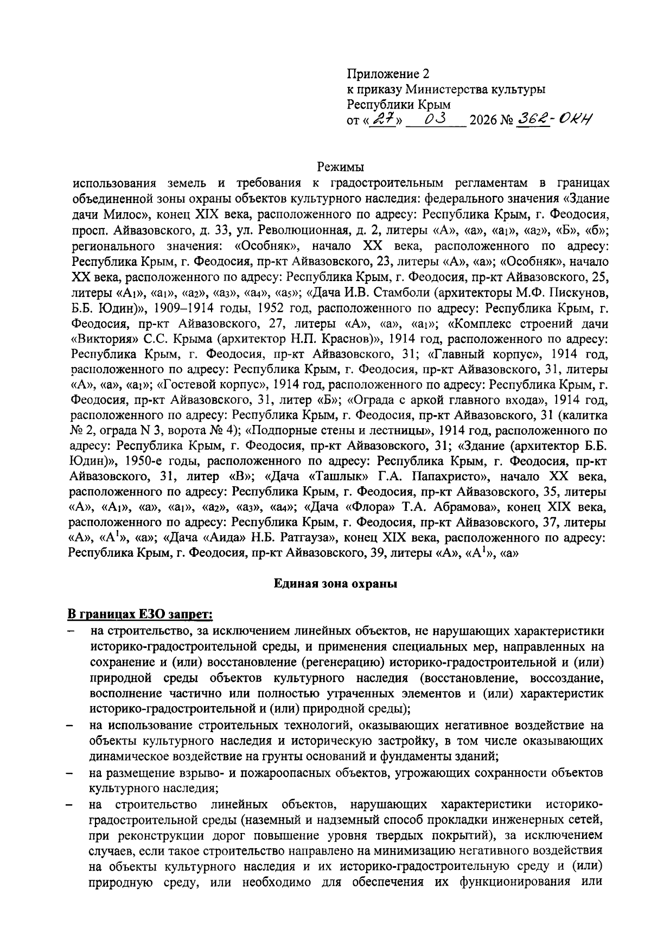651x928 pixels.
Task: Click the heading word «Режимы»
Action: click(x=340, y=167)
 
